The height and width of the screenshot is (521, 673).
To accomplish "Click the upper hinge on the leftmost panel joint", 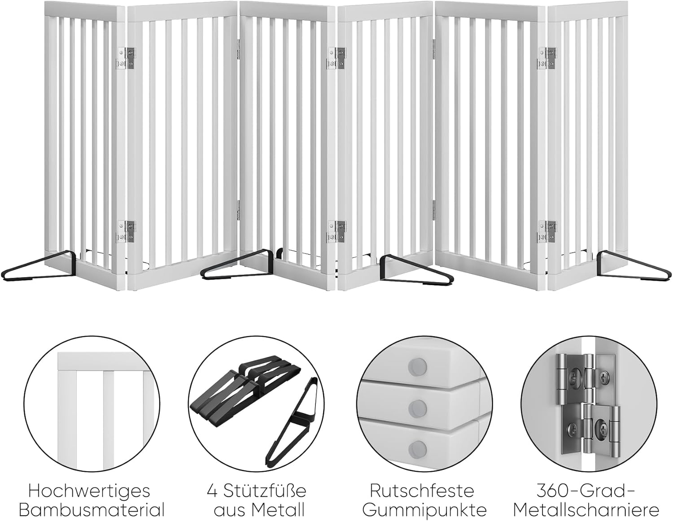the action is (x=126, y=58).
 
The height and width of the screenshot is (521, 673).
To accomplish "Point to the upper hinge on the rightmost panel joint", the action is (x=547, y=58).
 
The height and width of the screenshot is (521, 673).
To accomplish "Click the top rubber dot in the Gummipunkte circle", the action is (x=418, y=366).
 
